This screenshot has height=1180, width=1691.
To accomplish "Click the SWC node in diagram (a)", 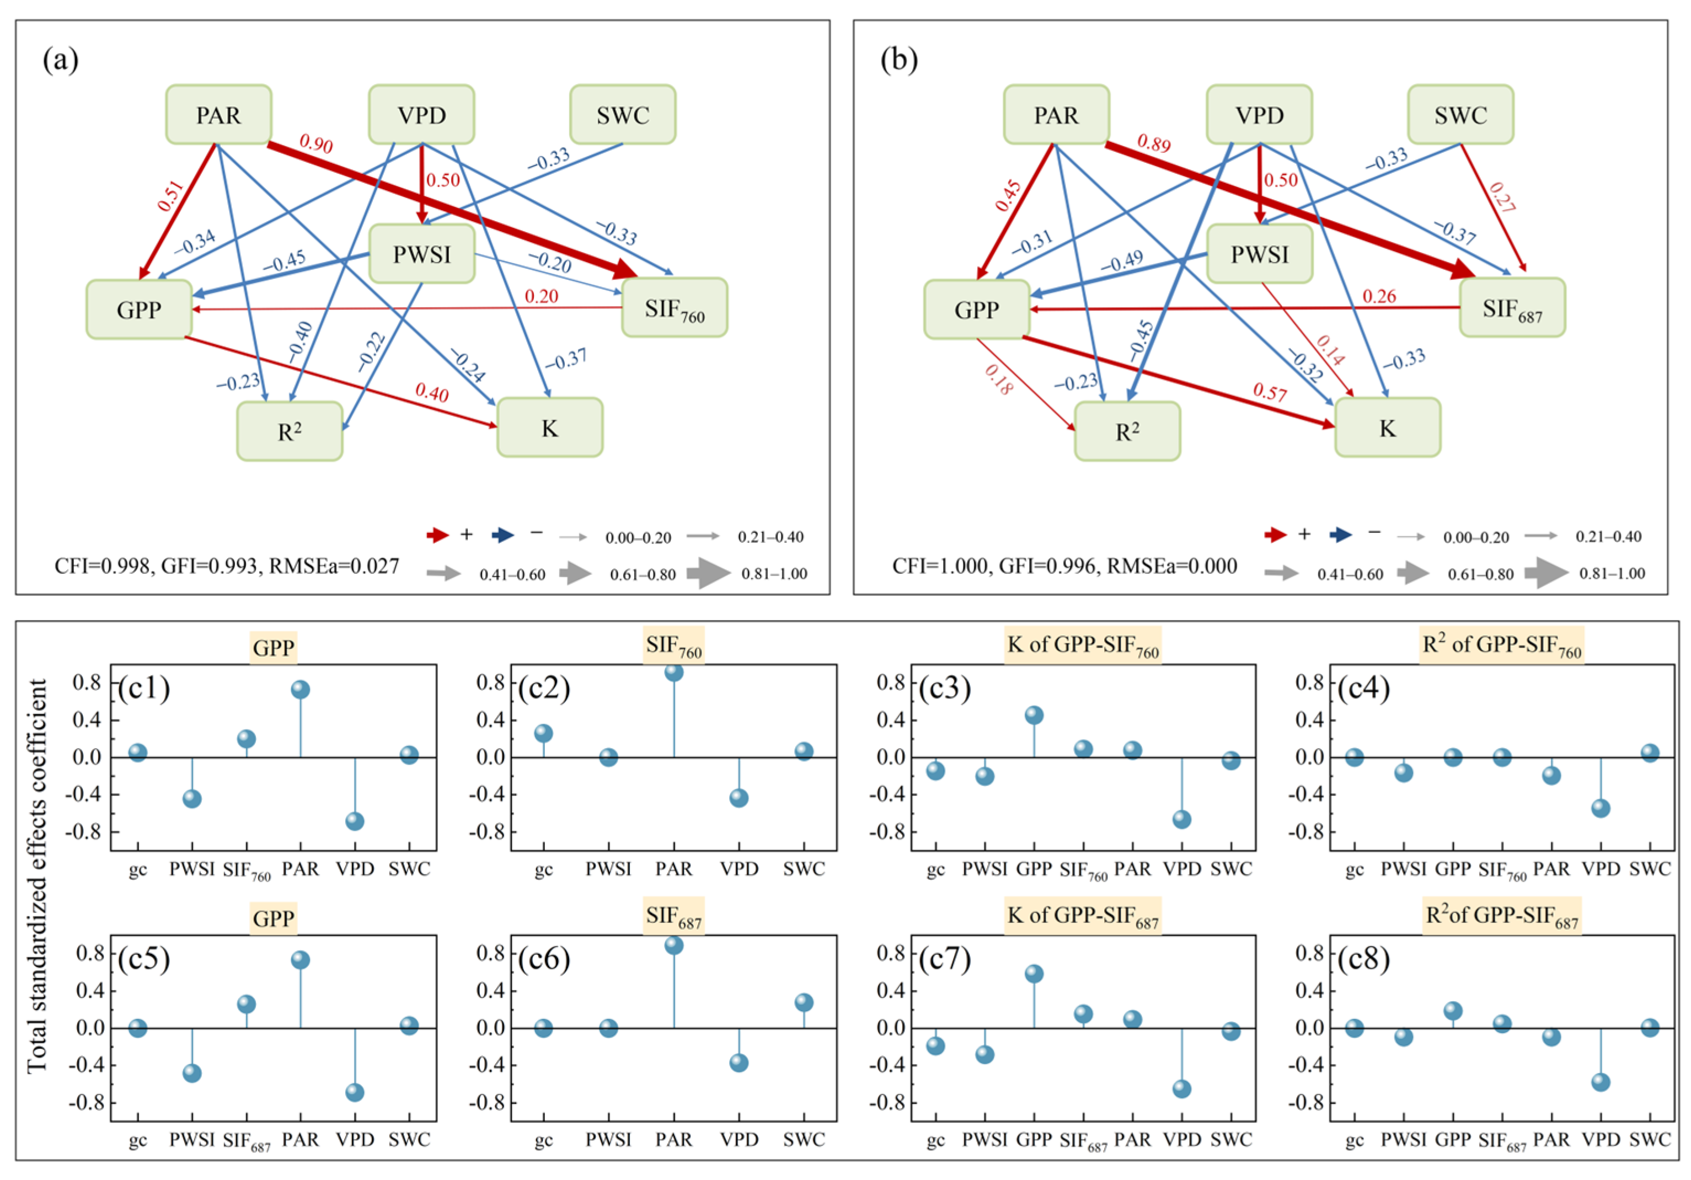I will tap(622, 115).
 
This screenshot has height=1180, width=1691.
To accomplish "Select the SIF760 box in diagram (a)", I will tap(674, 308).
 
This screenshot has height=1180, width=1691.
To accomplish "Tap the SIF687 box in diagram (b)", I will tap(1512, 308).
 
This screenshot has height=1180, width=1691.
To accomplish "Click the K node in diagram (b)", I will tap(1388, 428).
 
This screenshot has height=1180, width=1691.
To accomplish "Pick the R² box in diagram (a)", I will tap(290, 431).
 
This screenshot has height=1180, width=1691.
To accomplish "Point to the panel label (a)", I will tap(61, 60).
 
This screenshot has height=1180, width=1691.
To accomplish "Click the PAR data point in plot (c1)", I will tap(299, 690).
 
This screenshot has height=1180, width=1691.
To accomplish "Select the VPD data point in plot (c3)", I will tap(1181, 820).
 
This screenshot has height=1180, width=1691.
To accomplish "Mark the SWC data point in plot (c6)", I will tap(804, 1002).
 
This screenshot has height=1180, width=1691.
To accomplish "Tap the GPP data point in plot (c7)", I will tap(1034, 974).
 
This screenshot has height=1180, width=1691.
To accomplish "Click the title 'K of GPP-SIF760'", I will tap(1083, 646).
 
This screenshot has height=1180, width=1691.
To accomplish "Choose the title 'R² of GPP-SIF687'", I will tap(1502, 916).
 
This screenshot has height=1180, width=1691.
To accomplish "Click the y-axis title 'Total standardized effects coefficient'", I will tap(37, 877).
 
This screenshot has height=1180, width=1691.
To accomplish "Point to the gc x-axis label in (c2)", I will tap(544, 870).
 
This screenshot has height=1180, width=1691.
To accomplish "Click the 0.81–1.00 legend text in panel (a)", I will tap(774, 574).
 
